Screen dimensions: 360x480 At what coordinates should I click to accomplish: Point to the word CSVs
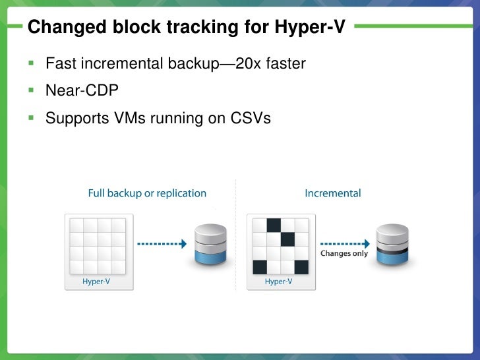(x=251, y=119)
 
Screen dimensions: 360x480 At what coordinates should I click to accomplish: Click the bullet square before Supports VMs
(x=30, y=118)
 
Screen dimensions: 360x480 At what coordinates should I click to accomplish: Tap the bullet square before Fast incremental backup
(x=30, y=63)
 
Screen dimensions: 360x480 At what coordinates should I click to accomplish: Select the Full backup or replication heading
(x=147, y=193)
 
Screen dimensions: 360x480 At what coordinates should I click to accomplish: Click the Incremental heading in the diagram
(x=332, y=193)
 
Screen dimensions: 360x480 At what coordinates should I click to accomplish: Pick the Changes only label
(x=344, y=253)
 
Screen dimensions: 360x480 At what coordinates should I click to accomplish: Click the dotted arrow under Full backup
(x=162, y=243)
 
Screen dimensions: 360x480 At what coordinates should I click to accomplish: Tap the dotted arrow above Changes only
(x=344, y=242)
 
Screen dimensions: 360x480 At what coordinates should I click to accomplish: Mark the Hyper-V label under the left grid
(x=96, y=282)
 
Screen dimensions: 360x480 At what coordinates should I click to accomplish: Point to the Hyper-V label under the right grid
(x=278, y=282)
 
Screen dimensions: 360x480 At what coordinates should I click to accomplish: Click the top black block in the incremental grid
(x=274, y=225)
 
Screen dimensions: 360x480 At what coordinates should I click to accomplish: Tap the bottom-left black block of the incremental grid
(x=260, y=267)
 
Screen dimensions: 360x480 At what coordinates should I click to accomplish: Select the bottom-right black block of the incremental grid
(x=301, y=267)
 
